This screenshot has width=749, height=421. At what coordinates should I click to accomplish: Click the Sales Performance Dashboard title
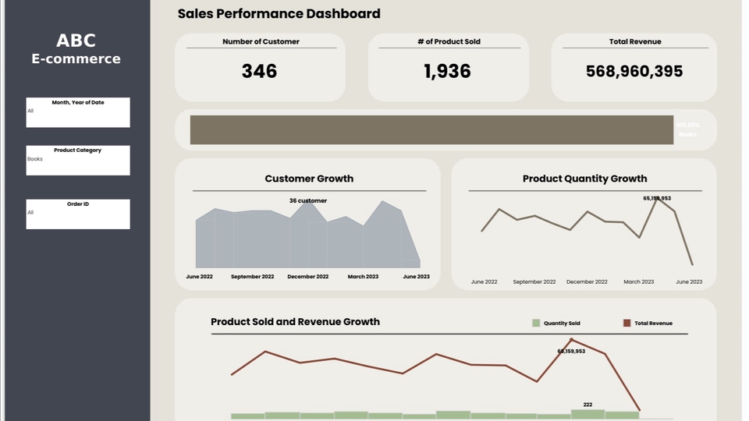(279, 13)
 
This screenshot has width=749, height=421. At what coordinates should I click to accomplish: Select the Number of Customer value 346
(259, 71)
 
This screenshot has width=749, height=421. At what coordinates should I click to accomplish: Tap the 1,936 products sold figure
(448, 71)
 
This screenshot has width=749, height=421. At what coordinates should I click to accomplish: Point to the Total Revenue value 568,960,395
(634, 71)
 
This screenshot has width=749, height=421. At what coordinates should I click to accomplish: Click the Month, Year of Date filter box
(78, 112)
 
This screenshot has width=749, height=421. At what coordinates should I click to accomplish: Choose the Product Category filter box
(78, 160)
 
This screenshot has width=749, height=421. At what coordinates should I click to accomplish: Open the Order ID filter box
(78, 214)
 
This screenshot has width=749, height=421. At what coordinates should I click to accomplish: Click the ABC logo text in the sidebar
(76, 41)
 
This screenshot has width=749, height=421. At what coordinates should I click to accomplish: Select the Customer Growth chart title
(309, 179)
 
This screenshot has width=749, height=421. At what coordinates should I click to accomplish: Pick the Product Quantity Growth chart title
(584, 179)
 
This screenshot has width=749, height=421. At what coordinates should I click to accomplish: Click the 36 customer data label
(308, 200)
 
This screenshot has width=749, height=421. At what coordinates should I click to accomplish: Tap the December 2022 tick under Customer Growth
(307, 277)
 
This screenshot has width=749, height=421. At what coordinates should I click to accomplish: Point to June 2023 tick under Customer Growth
(416, 277)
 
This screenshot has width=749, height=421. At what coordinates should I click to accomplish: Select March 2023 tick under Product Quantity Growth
(638, 281)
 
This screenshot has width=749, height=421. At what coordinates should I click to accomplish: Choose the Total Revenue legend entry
(652, 323)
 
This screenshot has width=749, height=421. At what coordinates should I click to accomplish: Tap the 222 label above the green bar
(587, 405)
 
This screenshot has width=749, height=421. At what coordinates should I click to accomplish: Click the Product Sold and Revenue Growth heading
(295, 321)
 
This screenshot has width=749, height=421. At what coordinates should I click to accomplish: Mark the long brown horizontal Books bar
(431, 129)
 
